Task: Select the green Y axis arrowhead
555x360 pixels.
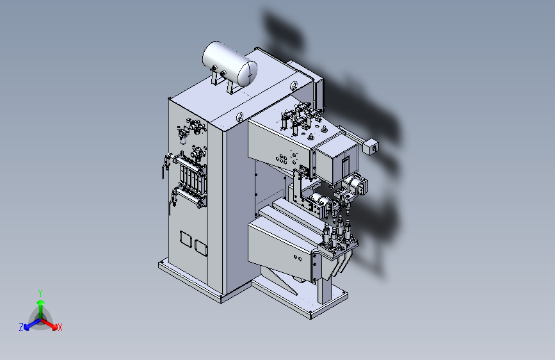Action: pyautogui.click(x=41, y=303)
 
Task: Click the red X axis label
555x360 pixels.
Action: pyautogui.click(x=60, y=328)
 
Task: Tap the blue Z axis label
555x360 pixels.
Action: pyautogui.click(x=21, y=327)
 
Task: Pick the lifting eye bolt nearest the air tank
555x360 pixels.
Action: pyautogui.click(x=293, y=85)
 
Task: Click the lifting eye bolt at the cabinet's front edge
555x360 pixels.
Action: pyautogui.click(x=239, y=117)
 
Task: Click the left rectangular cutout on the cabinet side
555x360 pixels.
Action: pyautogui.click(x=186, y=238)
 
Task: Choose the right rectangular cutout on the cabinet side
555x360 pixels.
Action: pyautogui.click(x=201, y=247)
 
